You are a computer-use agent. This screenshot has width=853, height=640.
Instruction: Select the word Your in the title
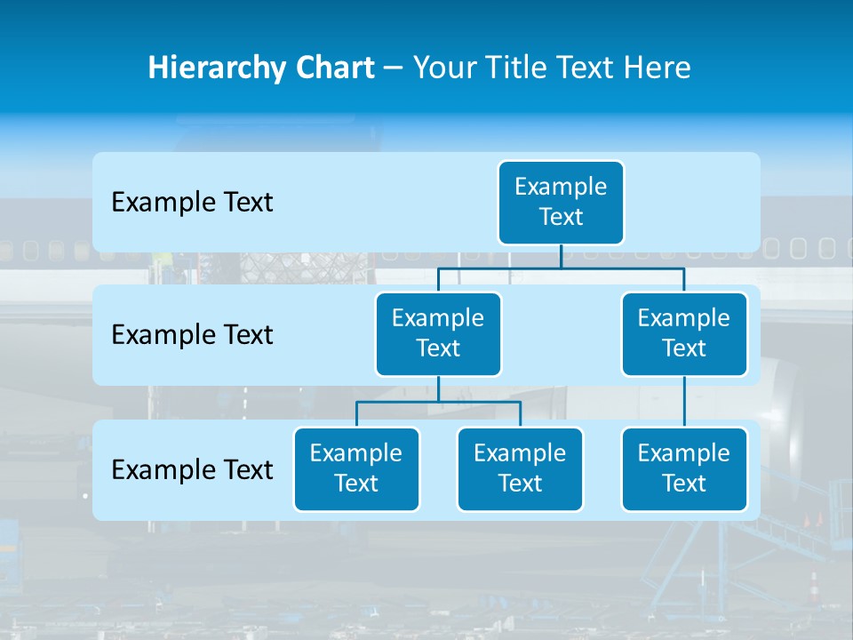442,68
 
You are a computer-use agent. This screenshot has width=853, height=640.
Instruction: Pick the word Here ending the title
657,68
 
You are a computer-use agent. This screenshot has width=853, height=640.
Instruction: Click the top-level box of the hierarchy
561,202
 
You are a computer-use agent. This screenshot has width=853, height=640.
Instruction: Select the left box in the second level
438,333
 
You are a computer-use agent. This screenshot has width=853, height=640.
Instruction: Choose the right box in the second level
684,333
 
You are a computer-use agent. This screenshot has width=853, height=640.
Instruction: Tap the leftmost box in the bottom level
356,468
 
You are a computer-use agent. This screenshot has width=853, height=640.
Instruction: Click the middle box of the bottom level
520,468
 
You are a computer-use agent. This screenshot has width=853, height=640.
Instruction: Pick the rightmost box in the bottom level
684,468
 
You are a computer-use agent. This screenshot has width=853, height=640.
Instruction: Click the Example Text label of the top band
192,203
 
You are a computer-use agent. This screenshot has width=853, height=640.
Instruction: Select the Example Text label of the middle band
192,335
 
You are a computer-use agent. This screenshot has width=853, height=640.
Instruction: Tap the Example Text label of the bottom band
192,469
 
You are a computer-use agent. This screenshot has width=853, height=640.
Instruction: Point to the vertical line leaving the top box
561,256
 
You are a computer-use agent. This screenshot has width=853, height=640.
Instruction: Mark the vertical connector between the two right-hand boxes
684,402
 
